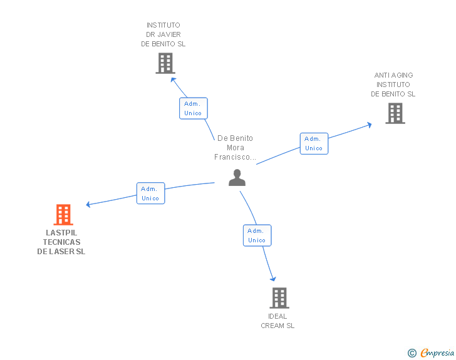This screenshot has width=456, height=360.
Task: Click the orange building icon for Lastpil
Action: [63, 215]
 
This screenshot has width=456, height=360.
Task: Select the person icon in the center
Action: [237, 178]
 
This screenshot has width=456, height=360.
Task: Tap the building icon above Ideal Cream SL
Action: [279, 297]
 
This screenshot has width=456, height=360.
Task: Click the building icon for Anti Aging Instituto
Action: [395, 113]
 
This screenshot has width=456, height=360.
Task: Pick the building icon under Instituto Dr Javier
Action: [165, 63]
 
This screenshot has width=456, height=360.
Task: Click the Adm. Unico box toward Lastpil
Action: [150, 193]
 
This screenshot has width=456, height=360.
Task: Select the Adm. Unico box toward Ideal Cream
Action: [257, 235]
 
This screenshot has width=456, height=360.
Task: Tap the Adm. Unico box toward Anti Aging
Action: [313, 143]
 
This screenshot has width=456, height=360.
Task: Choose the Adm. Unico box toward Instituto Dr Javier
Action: [193, 108]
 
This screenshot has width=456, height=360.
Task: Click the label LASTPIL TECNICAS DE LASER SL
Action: [61, 242]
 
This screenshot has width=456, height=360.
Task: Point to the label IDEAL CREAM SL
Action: [277, 321]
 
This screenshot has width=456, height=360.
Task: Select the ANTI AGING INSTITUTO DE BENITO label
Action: [393, 85]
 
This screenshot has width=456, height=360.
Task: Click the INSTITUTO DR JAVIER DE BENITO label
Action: [163, 35]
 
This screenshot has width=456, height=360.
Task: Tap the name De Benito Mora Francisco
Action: [235, 148]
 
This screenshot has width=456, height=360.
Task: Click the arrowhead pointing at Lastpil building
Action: [89, 204]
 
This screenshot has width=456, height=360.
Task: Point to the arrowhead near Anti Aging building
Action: [369, 125]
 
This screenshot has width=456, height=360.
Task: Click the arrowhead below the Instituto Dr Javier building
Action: [174, 80]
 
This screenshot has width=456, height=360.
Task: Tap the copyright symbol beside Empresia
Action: [412, 353]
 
